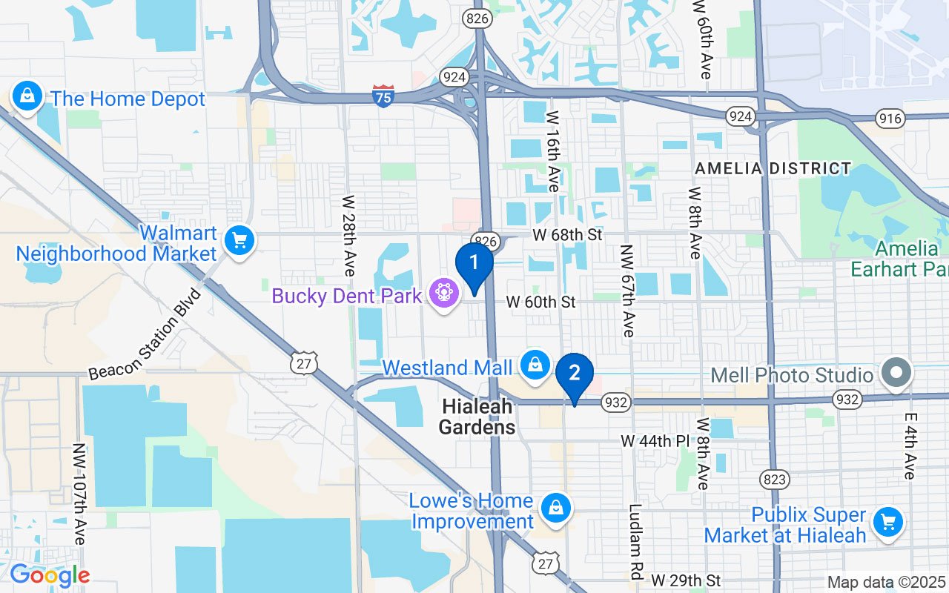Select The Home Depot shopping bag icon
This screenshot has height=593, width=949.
[x=27, y=97]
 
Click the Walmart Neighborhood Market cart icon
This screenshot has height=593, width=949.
[x=239, y=242]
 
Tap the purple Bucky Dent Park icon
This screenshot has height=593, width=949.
[x=444, y=294]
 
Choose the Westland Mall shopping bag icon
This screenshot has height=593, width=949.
[x=533, y=365]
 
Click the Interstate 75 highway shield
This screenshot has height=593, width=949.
[x=383, y=96]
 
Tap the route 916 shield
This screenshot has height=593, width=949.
[x=889, y=118]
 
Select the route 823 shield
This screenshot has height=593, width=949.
[x=775, y=480]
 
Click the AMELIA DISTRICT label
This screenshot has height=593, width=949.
[x=773, y=169]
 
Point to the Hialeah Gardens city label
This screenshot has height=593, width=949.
[x=477, y=417]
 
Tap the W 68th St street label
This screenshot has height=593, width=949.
[x=567, y=235]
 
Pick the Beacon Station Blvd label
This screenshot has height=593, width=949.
[x=145, y=334]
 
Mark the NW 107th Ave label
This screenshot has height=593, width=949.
[x=79, y=494]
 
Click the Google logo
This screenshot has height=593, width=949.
[x=49, y=576]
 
